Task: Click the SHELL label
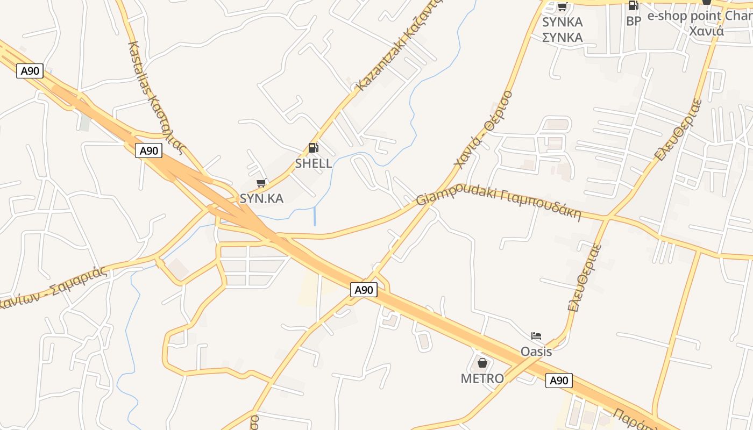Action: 314,163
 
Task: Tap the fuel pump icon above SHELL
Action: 313,148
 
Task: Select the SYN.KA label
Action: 261,198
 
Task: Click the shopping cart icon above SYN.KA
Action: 261,183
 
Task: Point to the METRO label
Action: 482,378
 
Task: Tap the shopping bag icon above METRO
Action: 482,363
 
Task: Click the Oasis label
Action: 536,352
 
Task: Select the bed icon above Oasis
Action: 536,336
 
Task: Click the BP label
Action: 634,21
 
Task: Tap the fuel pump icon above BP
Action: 633,6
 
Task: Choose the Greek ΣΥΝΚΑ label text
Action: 562,38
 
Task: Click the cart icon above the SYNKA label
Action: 562,7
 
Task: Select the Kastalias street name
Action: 157,97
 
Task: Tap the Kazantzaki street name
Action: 399,46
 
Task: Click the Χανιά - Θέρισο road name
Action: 483,129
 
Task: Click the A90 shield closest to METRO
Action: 559,381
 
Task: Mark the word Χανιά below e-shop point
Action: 706,31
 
